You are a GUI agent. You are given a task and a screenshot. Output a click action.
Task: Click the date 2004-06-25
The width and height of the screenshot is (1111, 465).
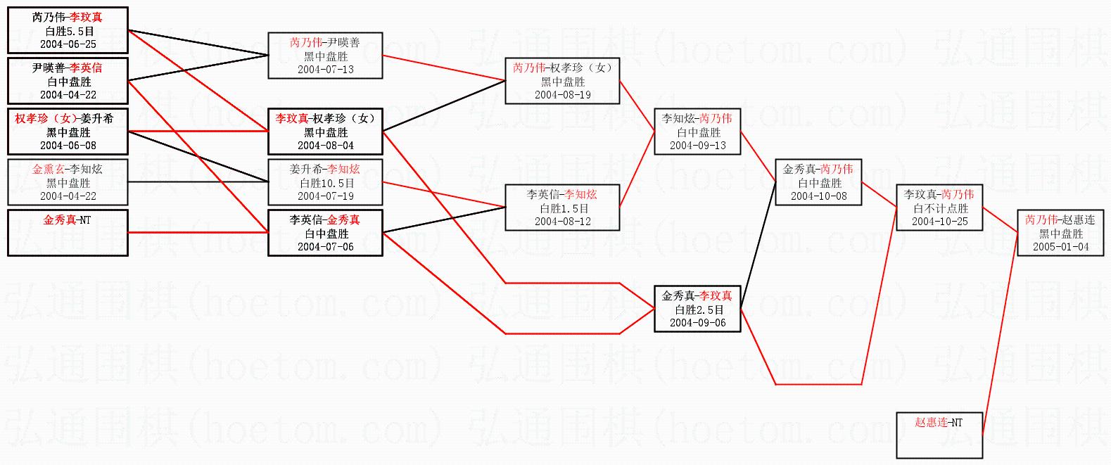pos(68,44)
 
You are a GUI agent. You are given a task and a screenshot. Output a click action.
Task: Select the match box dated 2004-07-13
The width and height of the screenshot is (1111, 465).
pos(325,56)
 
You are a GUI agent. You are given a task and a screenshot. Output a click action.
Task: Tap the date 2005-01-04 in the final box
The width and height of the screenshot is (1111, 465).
pos(1060,247)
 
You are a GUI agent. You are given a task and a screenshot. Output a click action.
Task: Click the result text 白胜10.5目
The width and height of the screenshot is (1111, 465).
pos(325,183)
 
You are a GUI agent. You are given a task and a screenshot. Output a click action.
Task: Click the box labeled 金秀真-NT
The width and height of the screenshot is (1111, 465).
pos(68,233)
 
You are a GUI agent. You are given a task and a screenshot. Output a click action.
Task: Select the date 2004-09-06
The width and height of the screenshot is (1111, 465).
pos(697,323)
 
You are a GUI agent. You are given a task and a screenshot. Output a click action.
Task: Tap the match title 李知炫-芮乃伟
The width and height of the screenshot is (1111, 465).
pos(697,119)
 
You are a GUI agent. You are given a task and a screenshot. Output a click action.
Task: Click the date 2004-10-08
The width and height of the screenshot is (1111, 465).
pos(818,196)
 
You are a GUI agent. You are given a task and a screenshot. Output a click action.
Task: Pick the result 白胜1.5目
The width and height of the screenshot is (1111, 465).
pos(564,208)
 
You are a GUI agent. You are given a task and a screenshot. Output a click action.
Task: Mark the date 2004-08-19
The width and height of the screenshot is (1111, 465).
pos(563,95)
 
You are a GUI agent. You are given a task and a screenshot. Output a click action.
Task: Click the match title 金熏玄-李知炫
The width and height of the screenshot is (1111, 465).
pos(68,170)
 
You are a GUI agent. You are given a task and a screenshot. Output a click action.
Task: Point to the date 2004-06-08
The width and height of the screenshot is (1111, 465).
pos(68,146)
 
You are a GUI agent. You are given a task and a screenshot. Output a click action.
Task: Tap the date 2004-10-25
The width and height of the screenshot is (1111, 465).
pos(939,222)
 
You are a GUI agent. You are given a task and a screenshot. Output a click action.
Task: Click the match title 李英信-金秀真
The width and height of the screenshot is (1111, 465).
pos(325,220)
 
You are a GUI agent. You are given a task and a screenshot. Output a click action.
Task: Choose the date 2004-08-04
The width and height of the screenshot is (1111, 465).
pos(325,146)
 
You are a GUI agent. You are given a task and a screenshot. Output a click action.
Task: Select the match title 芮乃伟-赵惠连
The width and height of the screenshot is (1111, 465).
pos(1060,220)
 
